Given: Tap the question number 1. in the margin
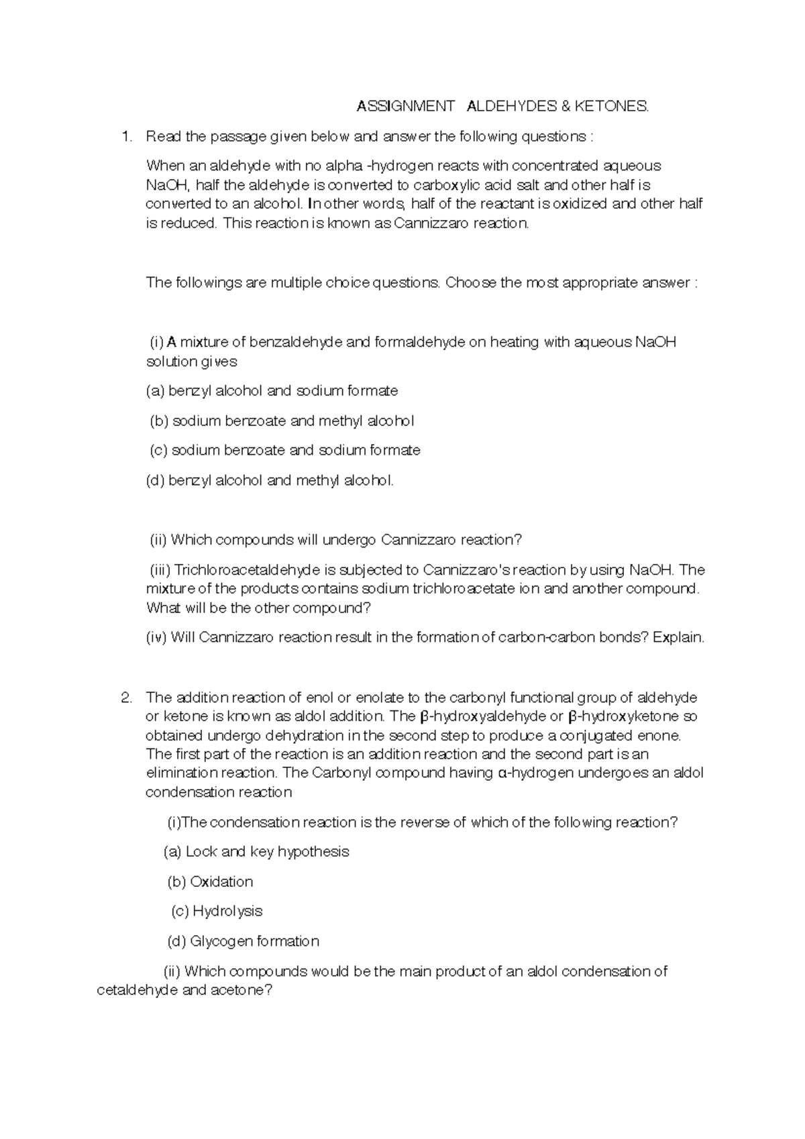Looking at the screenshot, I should coord(127,137).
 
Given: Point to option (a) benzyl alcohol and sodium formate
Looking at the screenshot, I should coord(272,391).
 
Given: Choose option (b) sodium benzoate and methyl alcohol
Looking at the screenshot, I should coord(281,421).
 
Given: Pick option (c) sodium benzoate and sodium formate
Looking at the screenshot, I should coord(284,450).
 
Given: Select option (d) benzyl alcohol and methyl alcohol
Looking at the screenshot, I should coord(270,480).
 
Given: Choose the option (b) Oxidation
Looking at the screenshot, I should coord(210,882).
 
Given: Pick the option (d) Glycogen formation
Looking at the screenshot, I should coord(243,942).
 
